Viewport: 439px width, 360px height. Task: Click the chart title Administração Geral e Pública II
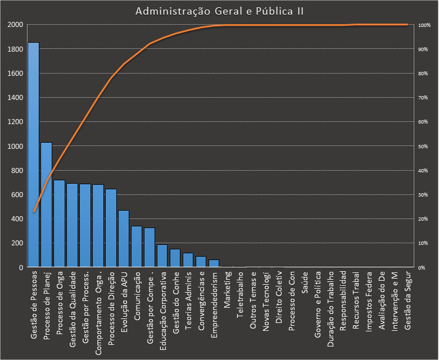click(x=220, y=11)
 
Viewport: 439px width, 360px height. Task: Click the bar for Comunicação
click(x=137, y=247)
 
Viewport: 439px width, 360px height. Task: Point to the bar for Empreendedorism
click(x=214, y=263)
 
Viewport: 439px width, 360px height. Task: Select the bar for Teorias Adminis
click(x=188, y=260)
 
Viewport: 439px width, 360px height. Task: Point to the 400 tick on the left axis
click(x=16, y=219)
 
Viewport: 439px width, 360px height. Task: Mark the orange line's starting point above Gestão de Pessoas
click(x=34, y=212)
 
